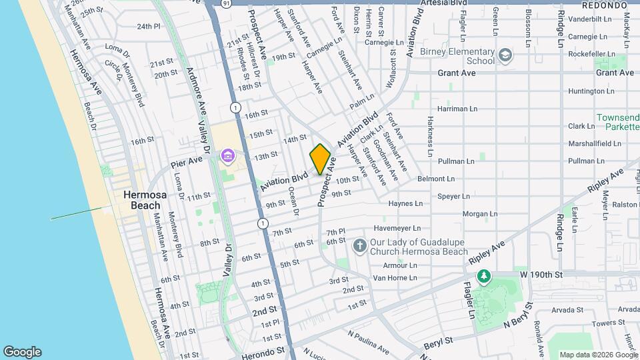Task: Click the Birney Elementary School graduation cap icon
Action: click(506, 55)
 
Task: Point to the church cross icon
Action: click(359, 247)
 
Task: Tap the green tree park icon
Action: click(483, 276)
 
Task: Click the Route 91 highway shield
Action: click(226, 3)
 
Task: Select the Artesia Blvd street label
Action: click(445, 3)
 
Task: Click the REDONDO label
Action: click(604, 5)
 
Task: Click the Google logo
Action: click(22, 352)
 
